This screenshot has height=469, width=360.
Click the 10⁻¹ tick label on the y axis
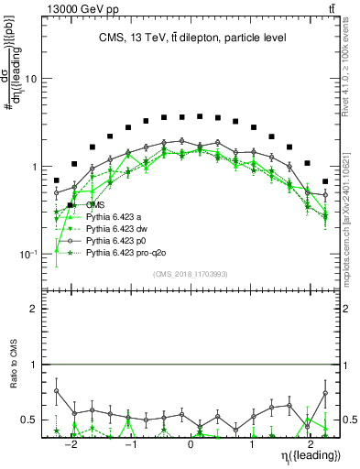click(x=32, y=255)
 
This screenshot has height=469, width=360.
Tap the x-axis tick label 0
click(x=191, y=439)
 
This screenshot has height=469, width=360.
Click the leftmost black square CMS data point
click(x=57, y=180)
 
